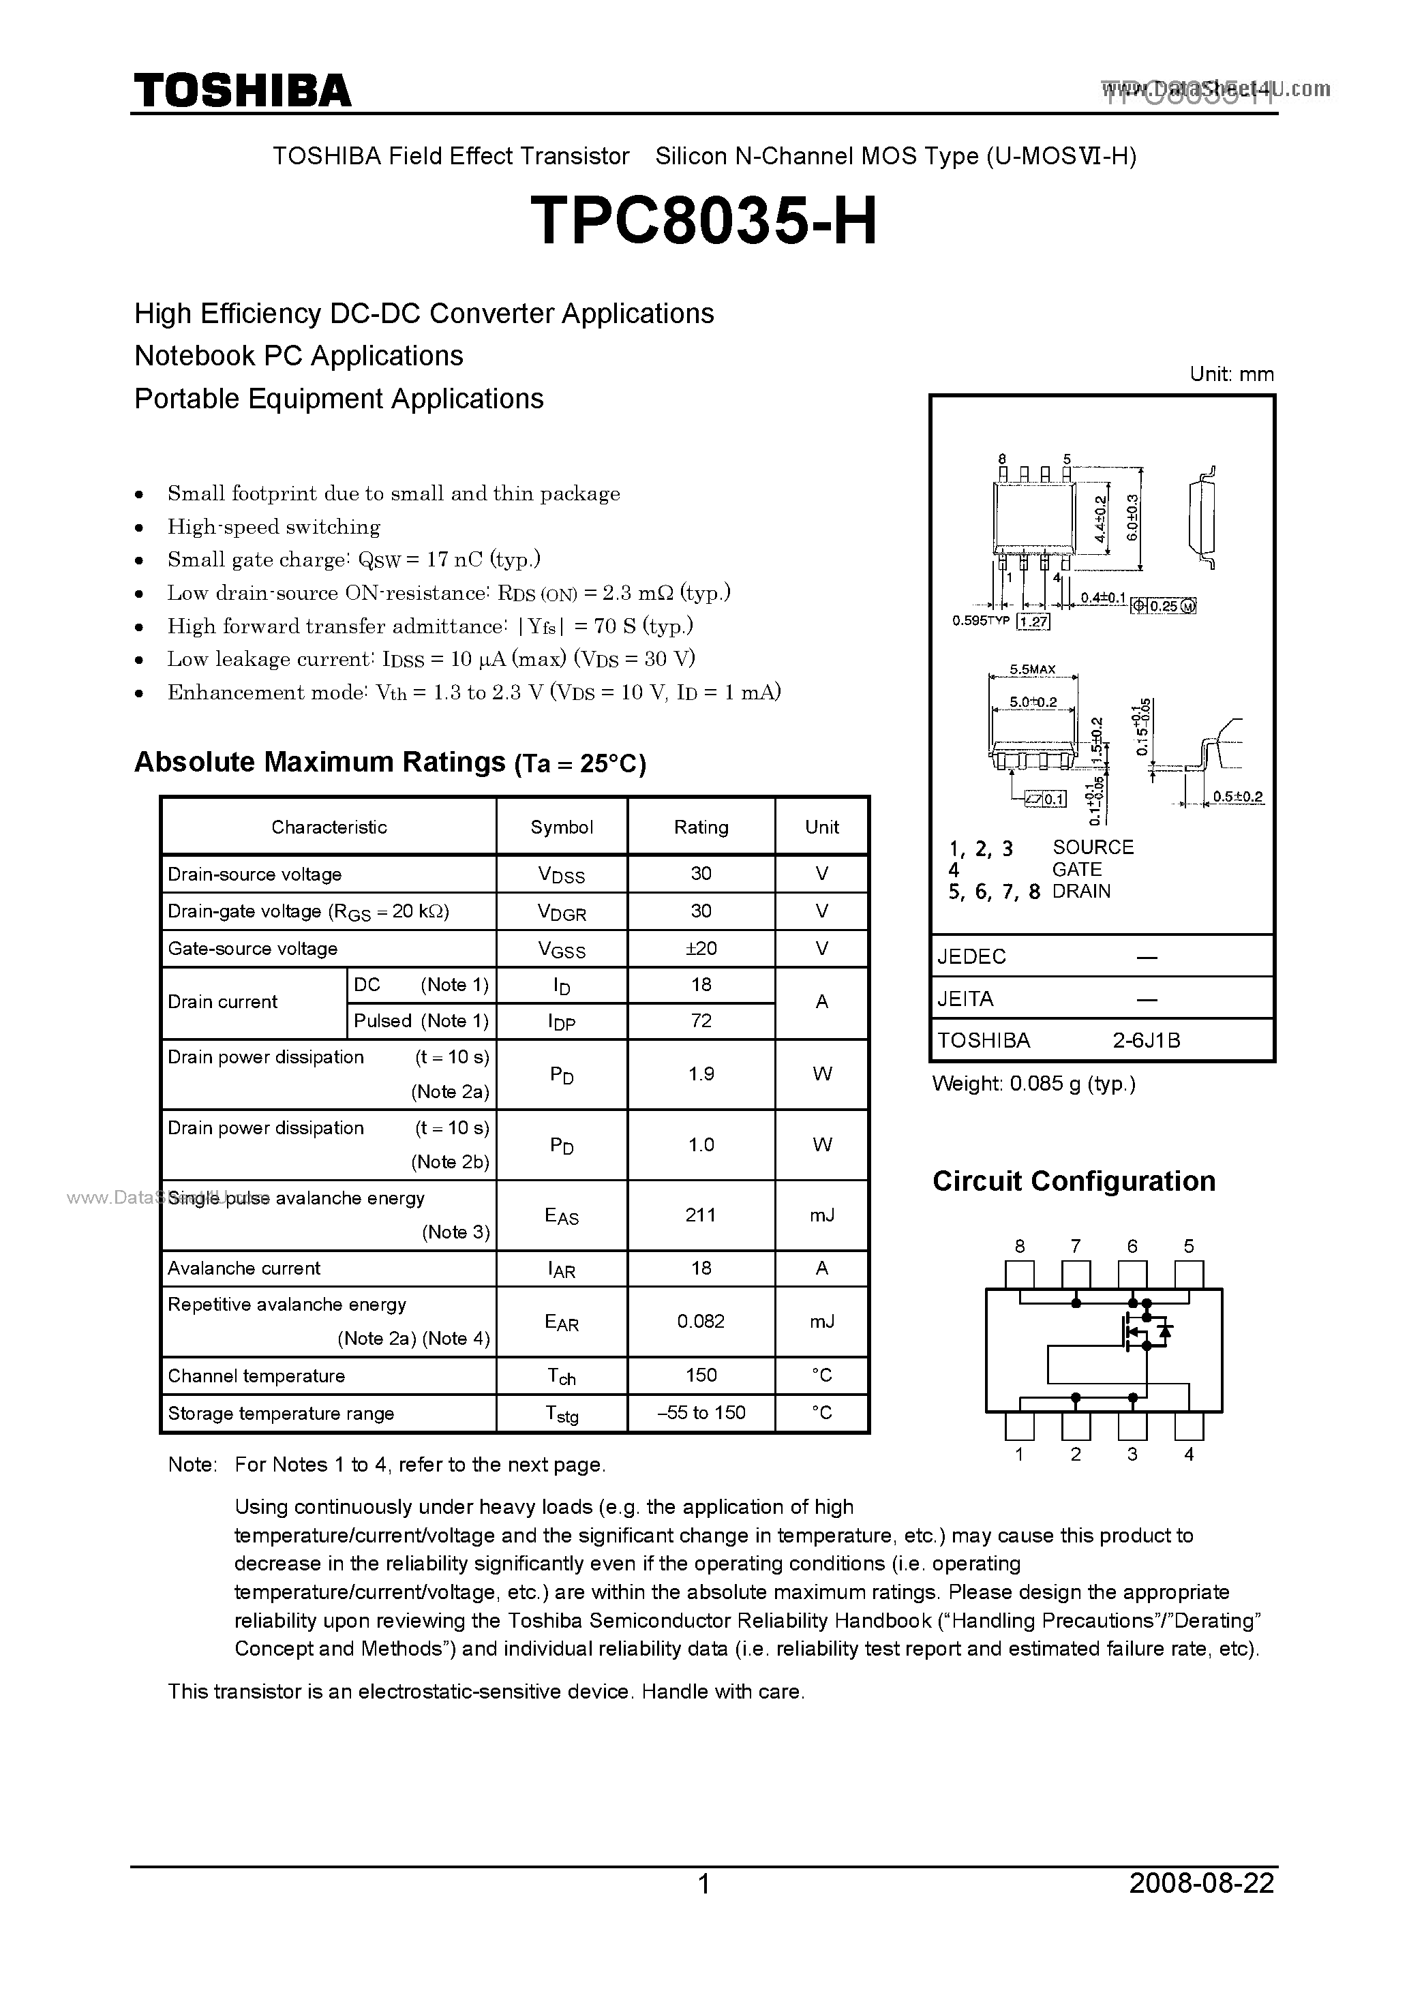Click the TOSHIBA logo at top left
[242, 90]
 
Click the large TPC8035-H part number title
[703, 220]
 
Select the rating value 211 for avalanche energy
[701, 1215]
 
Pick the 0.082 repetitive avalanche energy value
[701, 1321]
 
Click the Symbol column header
[562, 826]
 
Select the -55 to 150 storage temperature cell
[701, 1412]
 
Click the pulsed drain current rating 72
[701, 1021]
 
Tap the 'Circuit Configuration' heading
[1073, 1181]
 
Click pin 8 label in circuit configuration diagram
[1019, 1247]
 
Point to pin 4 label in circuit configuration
[1189, 1455]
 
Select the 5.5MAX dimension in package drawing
[1032, 669]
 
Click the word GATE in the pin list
[1076, 869]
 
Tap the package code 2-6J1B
[1146, 1040]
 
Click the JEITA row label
[965, 999]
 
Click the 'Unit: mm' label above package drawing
[1231, 374]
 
